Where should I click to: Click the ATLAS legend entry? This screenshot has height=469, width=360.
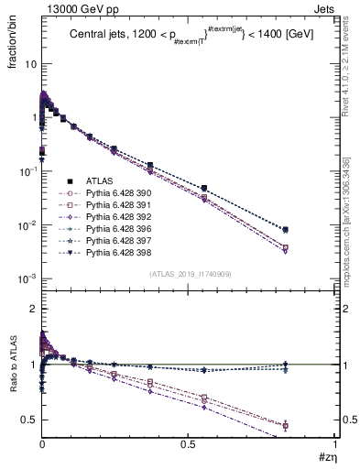pyautogui.click(x=99, y=181)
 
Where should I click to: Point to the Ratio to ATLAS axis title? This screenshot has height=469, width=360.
pyautogui.click(x=14, y=366)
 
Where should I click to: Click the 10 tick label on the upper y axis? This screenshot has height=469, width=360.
pyautogui.click(x=30, y=64)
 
